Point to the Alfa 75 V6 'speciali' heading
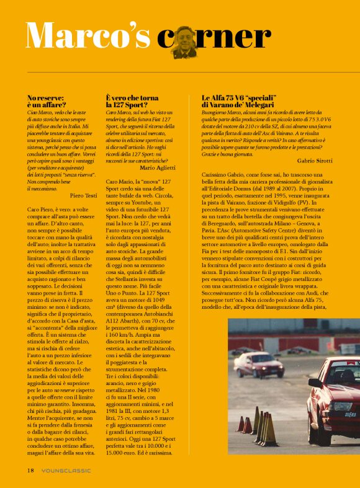(x=245, y=102)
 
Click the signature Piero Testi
(x=83, y=195)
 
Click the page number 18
(x=30, y=471)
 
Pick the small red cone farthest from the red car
(x=240, y=424)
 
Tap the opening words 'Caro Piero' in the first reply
(x=40, y=210)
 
